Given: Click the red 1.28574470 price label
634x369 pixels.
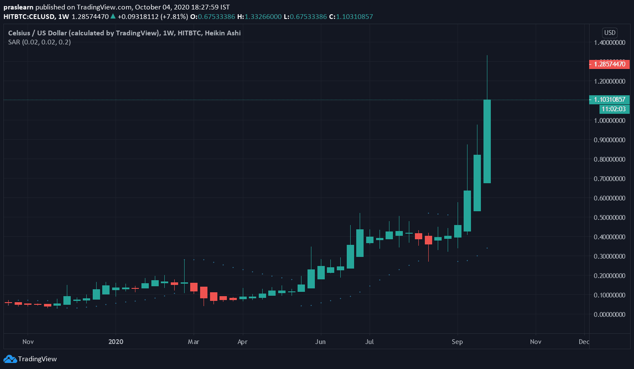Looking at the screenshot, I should click(609, 64).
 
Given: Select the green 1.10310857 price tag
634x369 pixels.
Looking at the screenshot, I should click(609, 100).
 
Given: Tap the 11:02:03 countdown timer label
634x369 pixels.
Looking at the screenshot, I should click(613, 109).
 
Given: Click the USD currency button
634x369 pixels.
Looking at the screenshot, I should click(609, 33).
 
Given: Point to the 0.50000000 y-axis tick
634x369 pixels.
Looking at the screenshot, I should click(609, 218).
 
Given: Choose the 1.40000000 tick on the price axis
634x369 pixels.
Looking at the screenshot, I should click(609, 43).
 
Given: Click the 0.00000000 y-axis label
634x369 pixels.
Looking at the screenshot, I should click(609, 315).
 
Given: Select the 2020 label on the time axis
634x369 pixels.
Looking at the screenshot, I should click(116, 342).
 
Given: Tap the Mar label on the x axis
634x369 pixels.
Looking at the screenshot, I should click(194, 342).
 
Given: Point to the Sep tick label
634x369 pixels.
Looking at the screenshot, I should click(457, 342).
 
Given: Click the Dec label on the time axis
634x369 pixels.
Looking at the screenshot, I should click(584, 342).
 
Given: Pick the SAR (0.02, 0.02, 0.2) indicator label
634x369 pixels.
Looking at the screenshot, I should click(39, 42).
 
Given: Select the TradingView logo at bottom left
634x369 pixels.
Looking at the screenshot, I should click(30, 359).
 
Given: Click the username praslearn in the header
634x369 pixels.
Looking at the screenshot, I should click(19, 7).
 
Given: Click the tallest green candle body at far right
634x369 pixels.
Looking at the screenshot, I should click(487, 141).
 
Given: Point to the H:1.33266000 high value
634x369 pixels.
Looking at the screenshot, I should click(259, 17).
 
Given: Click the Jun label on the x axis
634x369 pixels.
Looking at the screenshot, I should click(320, 342).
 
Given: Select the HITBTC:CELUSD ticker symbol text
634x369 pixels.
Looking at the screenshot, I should click(29, 17).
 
